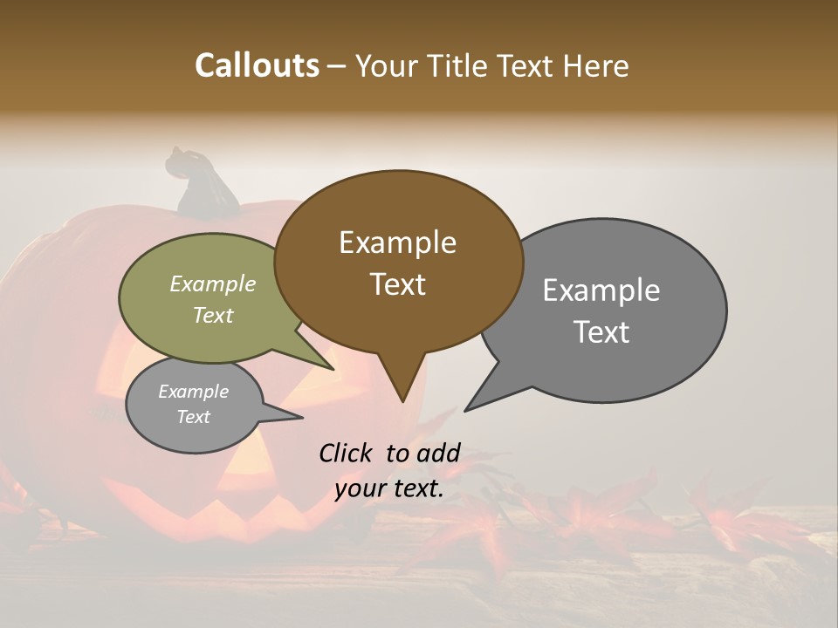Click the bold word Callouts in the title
coord(257,65)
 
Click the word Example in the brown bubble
coord(397,242)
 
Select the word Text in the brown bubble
coord(397,284)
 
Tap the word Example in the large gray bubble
coord(601,290)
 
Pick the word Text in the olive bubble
coord(213,315)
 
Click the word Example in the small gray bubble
coord(193,392)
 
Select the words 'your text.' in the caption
coord(389,489)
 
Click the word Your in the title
coord(386,65)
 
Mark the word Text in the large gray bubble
coord(601,331)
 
